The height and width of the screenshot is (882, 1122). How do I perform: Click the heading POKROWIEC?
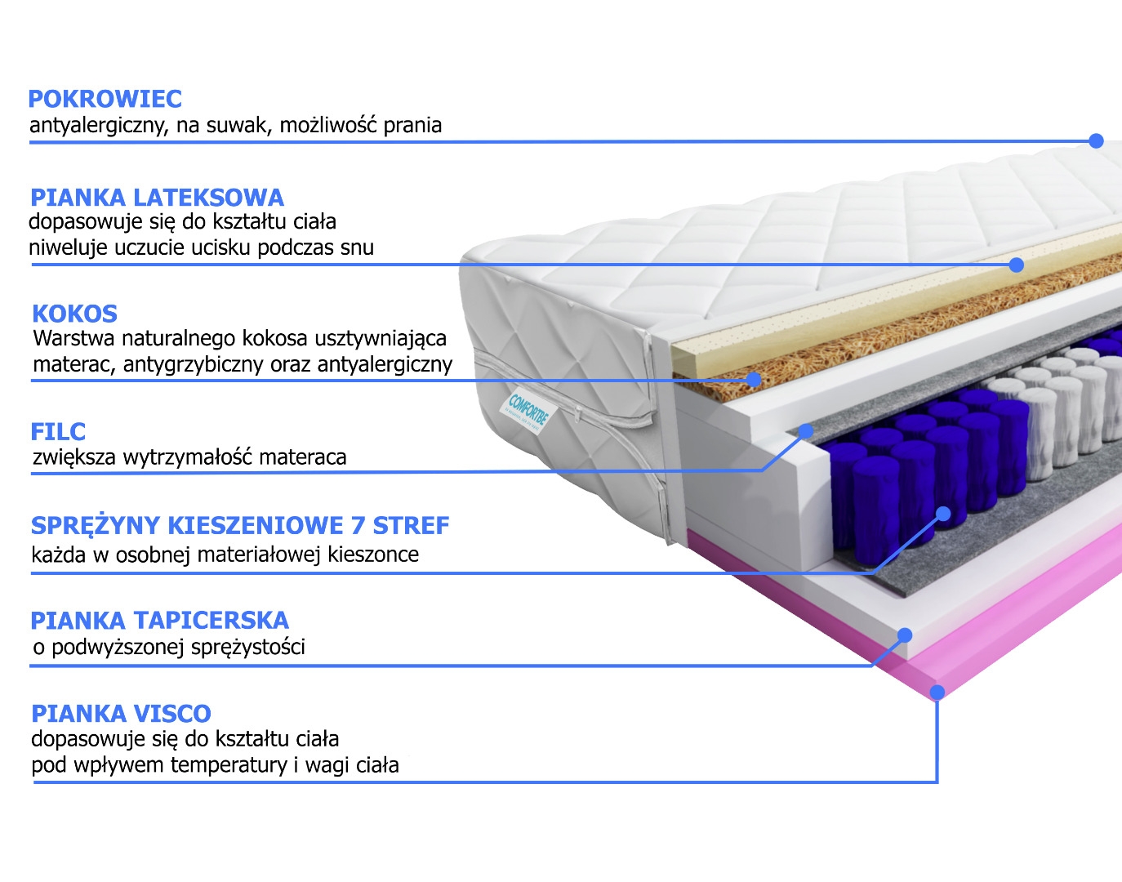click(x=105, y=99)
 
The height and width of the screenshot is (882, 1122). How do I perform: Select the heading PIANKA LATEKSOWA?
click(x=157, y=198)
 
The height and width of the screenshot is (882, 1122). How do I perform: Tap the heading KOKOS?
click(x=75, y=314)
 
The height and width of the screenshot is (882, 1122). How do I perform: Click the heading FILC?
click(x=58, y=432)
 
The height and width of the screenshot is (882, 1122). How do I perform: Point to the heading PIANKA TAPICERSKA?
click(x=159, y=620)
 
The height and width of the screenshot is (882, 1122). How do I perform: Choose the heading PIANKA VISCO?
click(x=122, y=714)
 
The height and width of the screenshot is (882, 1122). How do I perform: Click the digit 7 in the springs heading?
click(x=358, y=526)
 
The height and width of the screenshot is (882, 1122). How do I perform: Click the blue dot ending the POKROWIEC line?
click(x=1096, y=140)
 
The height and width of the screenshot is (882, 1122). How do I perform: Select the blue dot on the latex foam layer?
click(x=1016, y=265)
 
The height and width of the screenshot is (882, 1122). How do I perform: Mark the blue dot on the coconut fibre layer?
click(x=754, y=380)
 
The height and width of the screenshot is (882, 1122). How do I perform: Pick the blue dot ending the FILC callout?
click(x=805, y=430)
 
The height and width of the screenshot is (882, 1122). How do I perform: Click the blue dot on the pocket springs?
click(x=943, y=514)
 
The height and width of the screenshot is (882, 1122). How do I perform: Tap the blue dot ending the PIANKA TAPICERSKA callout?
click(x=905, y=635)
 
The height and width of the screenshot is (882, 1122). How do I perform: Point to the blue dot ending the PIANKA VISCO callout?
click(x=937, y=692)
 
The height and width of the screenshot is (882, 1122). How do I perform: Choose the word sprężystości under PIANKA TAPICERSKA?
click(x=248, y=648)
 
